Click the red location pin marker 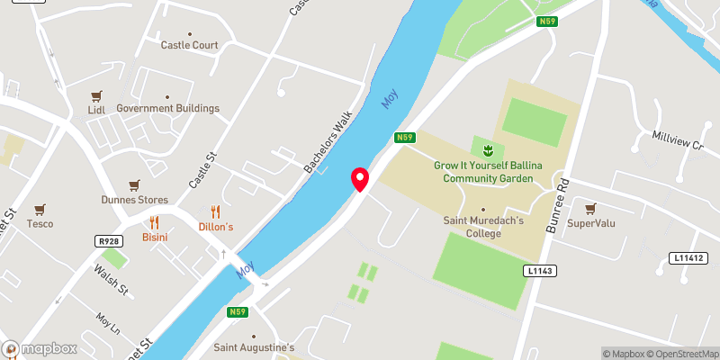point(360,179)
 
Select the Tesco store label point(40,223)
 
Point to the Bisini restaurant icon point(155,222)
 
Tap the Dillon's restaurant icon point(215,212)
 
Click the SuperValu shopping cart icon point(591,209)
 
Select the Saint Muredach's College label point(484,227)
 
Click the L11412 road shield point(687,258)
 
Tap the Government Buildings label point(167,108)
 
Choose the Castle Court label point(189,45)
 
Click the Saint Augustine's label point(253,346)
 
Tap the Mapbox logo point(40,349)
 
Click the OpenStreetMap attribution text point(682,354)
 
